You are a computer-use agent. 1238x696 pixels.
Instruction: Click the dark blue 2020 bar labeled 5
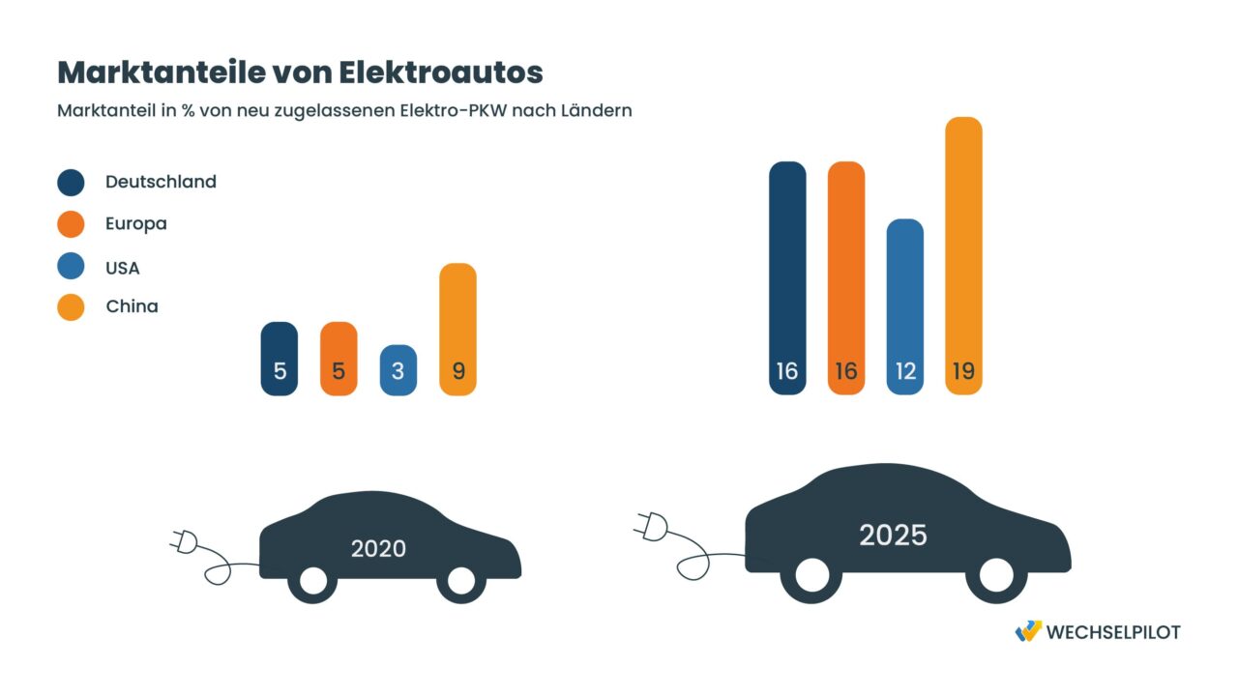pyautogui.click(x=280, y=359)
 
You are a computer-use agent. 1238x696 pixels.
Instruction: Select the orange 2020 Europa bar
pyautogui.click(x=339, y=359)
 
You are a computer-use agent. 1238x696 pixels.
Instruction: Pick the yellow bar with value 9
pyautogui.click(x=457, y=330)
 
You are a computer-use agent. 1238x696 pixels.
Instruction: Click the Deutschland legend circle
pyautogui.click(x=71, y=183)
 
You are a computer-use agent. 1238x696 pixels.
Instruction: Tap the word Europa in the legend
pyautogui.click(x=135, y=223)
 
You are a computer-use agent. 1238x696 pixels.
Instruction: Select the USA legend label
pyautogui.click(x=122, y=268)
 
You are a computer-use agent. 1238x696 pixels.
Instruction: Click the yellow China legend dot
pyautogui.click(x=71, y=307)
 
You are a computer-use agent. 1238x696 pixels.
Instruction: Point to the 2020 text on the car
pyautogui.click(x=378, y=549)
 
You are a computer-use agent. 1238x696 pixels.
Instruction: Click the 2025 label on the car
pyautogui.click(x=893, y=535)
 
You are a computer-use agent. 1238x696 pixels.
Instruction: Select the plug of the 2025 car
pyautogui.click(x=651, y=526)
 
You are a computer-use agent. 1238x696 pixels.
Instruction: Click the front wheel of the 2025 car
pyautogui.click(x=995, y=574)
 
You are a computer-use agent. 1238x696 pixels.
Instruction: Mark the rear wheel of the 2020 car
pyautogui.click(x=313, y=580)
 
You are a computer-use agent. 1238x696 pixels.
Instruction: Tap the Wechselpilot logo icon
pyautogui.click(x=1028, y=631)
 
